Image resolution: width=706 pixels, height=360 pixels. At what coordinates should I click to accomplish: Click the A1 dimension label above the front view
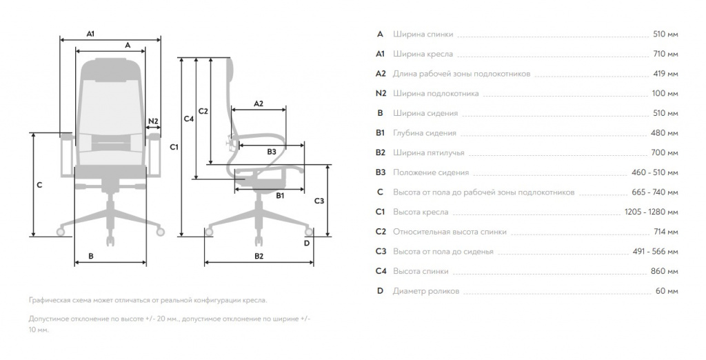click(x=90, y=34)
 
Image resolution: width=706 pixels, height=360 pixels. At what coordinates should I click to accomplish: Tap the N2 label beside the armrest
click(x=154, y=121)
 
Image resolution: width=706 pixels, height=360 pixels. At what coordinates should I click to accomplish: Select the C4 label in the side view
click(x=189, y=119)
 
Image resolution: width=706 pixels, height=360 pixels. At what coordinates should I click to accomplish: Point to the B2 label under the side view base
click(x=259, y=257)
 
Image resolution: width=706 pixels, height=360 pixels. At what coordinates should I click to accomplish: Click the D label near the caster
click(x=307, y=243)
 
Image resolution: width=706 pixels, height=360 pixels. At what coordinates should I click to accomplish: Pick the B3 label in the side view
click(x=272, y=152)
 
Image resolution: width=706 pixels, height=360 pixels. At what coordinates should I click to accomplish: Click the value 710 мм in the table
click(x=665, y=54)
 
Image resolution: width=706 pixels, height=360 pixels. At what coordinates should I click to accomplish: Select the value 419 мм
click(x=665, y=74)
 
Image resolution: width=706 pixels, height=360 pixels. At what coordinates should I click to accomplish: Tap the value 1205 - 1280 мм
click(x=651, y=212)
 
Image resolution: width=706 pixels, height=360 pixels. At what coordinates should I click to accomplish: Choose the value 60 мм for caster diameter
click(x=667, y=291)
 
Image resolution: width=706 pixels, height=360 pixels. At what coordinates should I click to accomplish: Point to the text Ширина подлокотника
click(x=436, y=94)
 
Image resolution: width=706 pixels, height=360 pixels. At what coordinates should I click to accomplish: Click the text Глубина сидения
click(x=425, y=133)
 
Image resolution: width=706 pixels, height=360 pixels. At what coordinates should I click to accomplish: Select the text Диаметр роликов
click(x=426, y=291)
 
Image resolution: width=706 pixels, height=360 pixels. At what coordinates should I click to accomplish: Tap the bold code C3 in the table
click(x=381, y=252)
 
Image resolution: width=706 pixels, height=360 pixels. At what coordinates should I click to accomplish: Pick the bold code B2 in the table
click(x=381, y=152)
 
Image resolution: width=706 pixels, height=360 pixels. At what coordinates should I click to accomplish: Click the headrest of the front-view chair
click(x=111, y=68)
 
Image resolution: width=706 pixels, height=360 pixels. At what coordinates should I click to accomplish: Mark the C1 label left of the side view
click(x=174, y=147)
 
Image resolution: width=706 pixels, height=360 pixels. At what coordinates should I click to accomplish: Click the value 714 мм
click(x=665, y=232)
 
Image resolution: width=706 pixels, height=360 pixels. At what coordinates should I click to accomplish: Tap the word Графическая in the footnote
click(x=48, y=300)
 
